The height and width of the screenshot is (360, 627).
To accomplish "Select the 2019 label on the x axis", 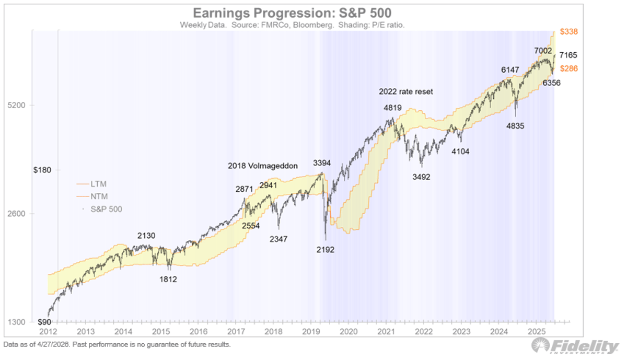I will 310,331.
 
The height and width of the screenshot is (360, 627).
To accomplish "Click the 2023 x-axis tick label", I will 460,331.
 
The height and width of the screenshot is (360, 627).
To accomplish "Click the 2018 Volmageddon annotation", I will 262,166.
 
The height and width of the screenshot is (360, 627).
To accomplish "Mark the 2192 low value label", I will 325,249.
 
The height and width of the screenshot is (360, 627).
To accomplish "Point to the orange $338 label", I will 568,32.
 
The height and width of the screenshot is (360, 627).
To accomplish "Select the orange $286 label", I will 568,68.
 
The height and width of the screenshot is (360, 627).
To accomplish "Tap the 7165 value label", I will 568,55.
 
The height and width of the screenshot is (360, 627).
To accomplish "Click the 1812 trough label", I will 168,279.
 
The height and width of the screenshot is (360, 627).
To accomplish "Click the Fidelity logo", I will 575,346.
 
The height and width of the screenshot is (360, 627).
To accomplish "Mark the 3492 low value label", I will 421,177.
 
